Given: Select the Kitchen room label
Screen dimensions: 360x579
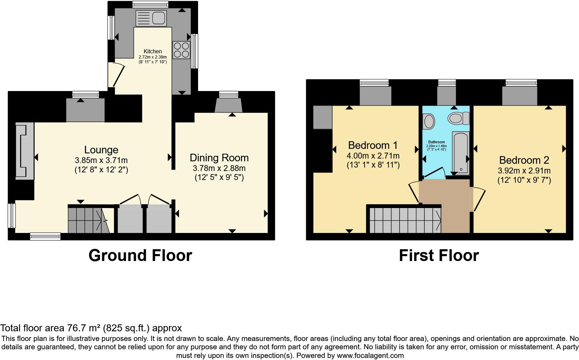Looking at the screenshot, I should pyautogui.click(x=153, y=52).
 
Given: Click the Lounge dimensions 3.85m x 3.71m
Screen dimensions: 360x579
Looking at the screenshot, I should pyautogui.click(x=101, y=161).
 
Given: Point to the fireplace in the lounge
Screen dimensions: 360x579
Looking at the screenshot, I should pyautogui.click(x=24, y=151).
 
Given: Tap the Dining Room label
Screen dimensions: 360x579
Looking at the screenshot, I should pyautogui.click(x=219, y=158).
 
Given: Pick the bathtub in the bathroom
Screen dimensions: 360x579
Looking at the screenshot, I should pyautogui.click(x=461, y=153).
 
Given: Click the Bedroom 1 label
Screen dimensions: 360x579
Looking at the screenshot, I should pyautogui.click(x=373, y=145).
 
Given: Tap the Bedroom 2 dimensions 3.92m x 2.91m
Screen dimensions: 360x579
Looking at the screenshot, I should pyautogui.click(x=524, y=171).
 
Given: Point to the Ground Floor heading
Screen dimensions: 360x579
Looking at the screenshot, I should pyautogui.click(x=140, y=255).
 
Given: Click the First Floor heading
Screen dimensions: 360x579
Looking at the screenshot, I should pyautogui.click(x=439, y=255).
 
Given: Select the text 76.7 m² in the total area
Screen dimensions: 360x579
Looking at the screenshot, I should pyautogui.click(x=81, y=328).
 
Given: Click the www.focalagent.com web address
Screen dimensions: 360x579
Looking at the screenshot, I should pyautogui.click(x=370, y=355).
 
